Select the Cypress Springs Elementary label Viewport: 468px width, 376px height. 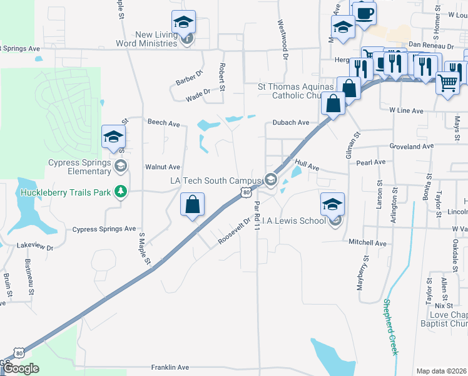pos(79,167)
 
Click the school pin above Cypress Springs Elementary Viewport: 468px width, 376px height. pos(114,137)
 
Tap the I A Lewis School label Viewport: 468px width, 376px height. pos(293,221)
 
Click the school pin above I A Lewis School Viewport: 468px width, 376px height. pos(333,204)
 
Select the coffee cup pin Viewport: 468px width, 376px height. pos(364,12)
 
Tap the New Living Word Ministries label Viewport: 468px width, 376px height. pos(146,39)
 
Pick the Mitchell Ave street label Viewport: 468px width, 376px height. pos(369,243)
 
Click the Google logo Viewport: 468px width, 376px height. pos(21,368)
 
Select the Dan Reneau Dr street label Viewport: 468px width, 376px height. pos(430,46)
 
